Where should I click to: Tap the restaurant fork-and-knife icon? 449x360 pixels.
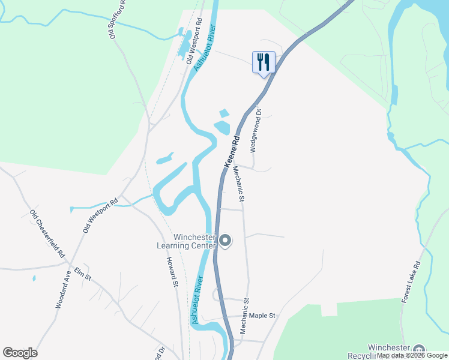tap(264, 62)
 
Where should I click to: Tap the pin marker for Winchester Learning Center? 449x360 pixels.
tap(226, 241)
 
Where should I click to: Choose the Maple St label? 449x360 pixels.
tap(262, 315)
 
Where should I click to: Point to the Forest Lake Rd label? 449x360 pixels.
tap(411, 281)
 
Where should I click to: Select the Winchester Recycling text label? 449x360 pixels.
tap(388, 352)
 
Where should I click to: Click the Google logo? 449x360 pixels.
tap(20, 353)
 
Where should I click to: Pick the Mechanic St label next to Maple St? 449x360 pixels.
tap(244, 316)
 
